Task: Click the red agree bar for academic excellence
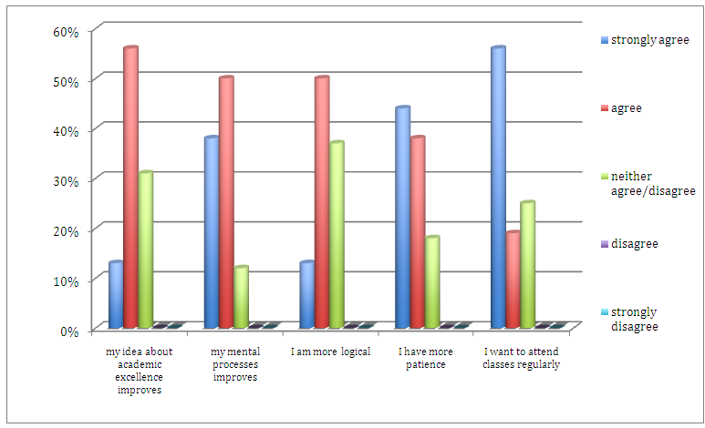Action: (x=130, y=187)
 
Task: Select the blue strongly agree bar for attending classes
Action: (x=498, y=187)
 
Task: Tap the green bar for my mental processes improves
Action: (x=241, y=297)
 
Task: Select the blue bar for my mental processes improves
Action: (x=211, y=232)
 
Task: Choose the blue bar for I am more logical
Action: (x=307, y=294)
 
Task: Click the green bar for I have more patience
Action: (x=432, y=281)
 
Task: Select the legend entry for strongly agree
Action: (x=649, y=40)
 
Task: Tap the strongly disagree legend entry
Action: (x=634, y=319)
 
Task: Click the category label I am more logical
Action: (x=330, y=352)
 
